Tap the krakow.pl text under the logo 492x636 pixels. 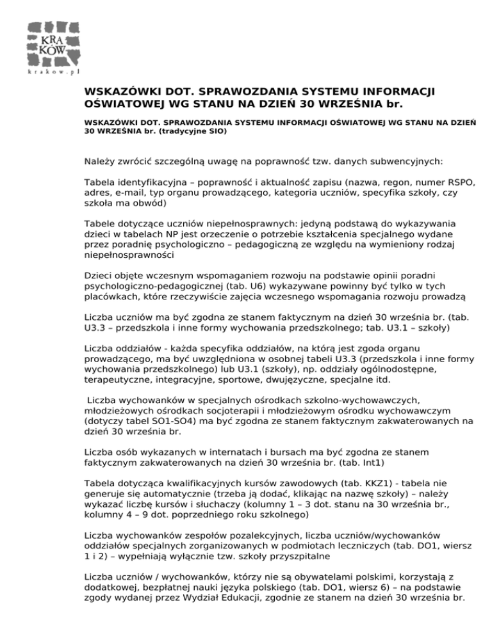[x=52, y=72]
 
